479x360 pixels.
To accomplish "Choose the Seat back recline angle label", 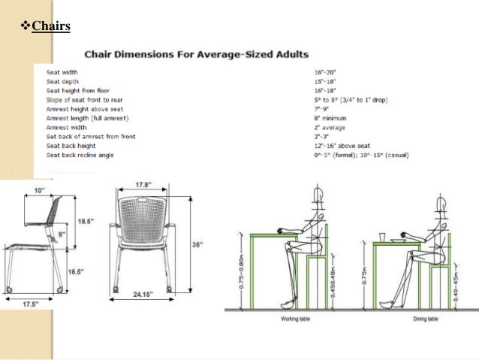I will (81, 155).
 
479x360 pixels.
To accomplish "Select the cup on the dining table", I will (382, 236).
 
